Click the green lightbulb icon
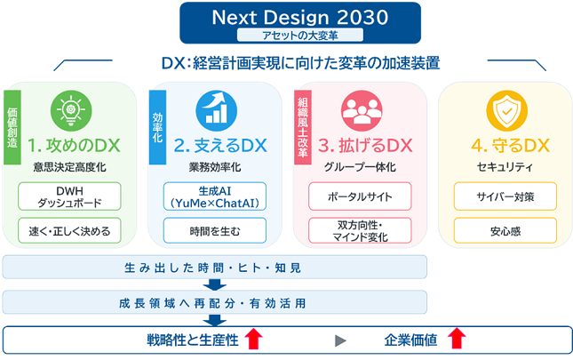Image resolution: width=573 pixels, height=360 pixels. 71,111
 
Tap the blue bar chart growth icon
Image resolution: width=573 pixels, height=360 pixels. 217,111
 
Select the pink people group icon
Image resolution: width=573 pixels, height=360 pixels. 362,111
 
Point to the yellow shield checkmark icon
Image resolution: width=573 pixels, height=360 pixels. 507,111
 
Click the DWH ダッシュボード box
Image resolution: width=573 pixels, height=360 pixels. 69,196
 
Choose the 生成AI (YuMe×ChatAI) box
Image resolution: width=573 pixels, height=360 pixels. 215,196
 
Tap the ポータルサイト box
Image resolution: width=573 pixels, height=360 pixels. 360,196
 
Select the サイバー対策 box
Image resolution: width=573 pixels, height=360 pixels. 505,196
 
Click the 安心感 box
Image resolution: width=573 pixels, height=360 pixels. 505,230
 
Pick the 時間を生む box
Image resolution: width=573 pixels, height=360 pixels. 215,230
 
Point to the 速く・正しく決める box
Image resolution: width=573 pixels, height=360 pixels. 69,230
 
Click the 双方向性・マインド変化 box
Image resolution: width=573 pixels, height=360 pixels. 360,230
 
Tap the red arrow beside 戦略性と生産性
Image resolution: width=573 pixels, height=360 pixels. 253,339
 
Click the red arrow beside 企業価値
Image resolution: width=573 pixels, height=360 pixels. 457,339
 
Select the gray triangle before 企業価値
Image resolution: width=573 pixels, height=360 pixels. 340,340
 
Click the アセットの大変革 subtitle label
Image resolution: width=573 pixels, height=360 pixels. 300,35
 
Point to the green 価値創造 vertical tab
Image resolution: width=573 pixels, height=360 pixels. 12,127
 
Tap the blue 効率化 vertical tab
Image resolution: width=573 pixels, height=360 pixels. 157,127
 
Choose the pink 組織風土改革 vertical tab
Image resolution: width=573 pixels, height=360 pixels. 303,127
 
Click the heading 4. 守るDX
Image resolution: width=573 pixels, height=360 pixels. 511,146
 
